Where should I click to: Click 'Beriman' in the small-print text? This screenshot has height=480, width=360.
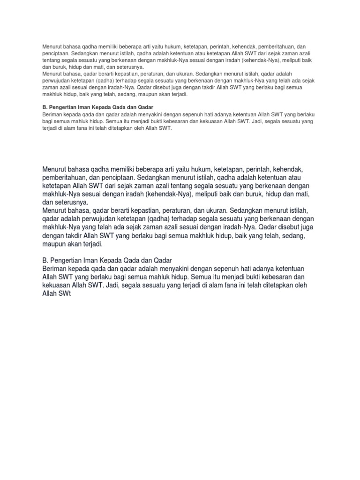[52, 115]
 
